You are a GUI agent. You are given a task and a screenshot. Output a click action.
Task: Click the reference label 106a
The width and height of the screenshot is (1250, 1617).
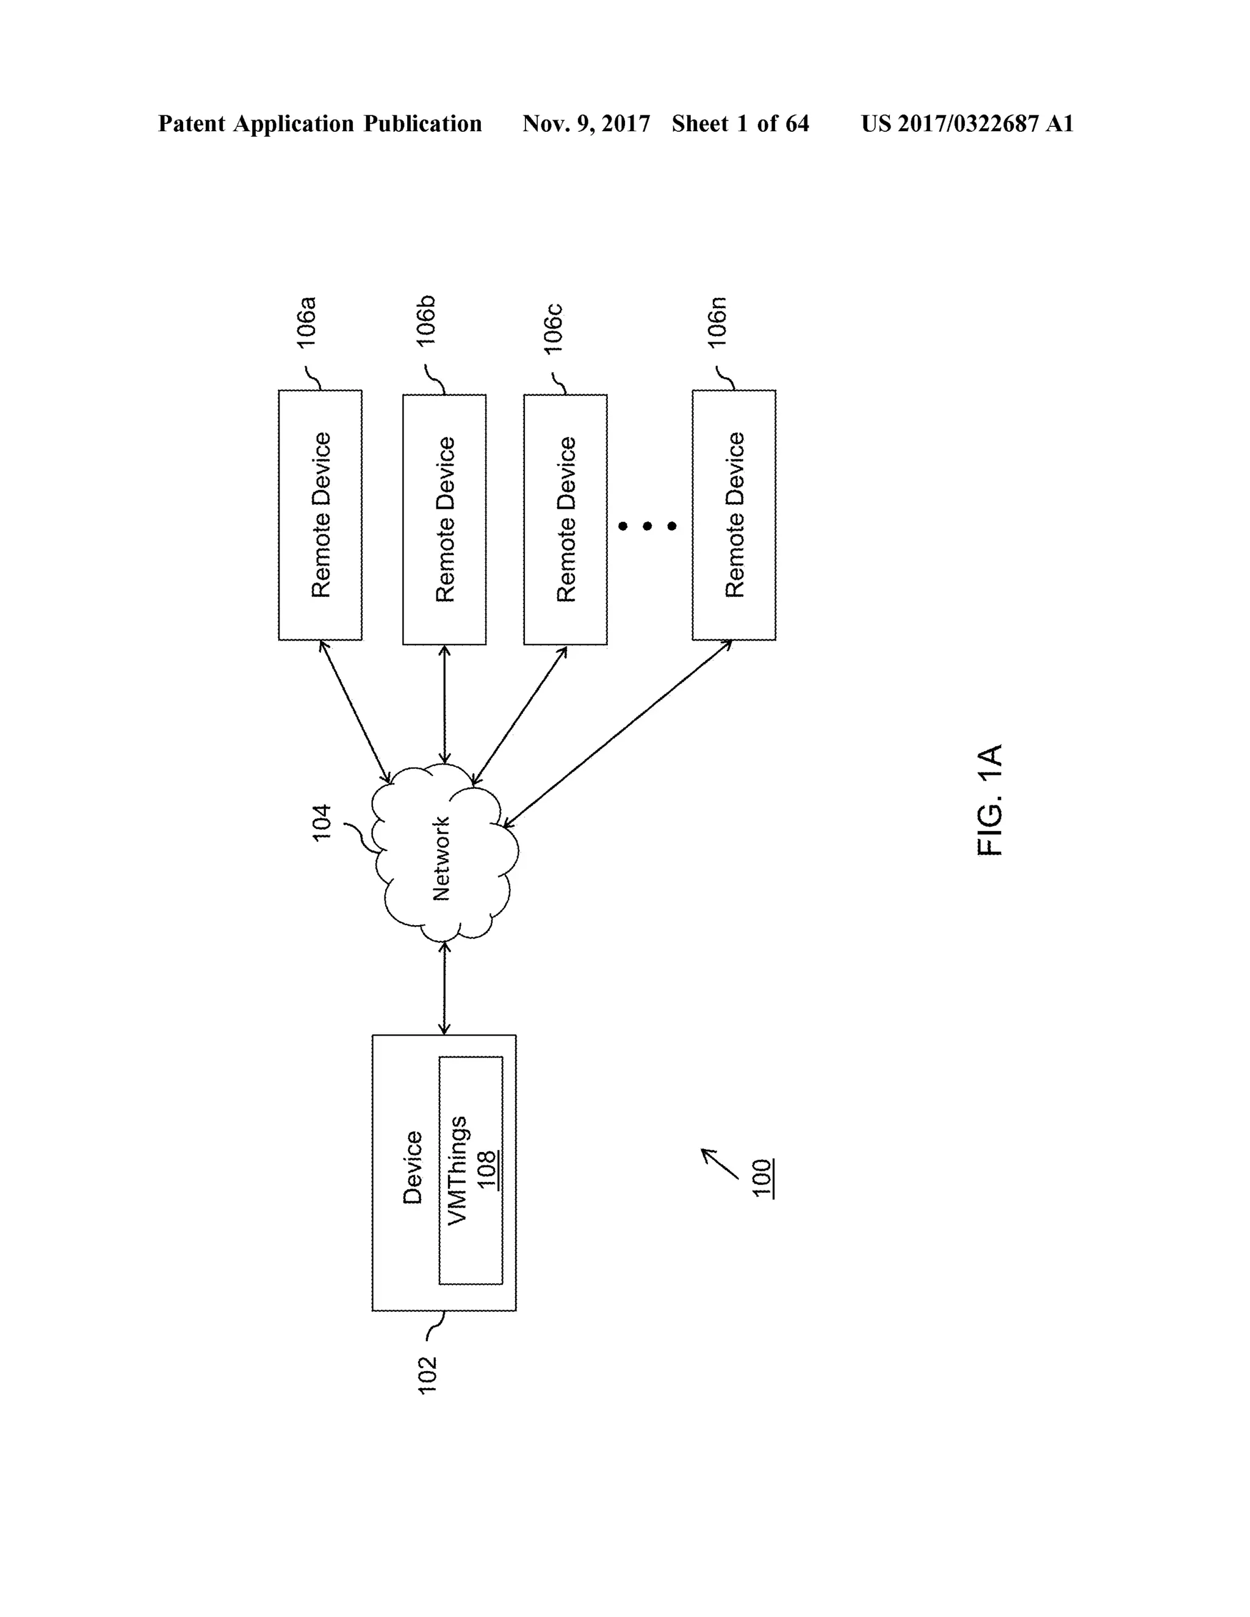[306, 322]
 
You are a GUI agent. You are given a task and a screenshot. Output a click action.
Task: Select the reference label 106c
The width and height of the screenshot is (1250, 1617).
[553, 329]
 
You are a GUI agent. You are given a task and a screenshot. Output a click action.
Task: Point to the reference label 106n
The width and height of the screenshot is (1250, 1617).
[717, 322]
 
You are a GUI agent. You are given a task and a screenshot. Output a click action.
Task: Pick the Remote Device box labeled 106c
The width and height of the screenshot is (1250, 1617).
[565, 519]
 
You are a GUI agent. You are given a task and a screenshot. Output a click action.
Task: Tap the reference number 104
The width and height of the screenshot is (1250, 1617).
[322, 823]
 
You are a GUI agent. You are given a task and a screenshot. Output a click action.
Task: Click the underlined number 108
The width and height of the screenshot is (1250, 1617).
[486, 1170]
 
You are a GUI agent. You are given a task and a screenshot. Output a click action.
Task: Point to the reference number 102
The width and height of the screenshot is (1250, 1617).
[428, 1375]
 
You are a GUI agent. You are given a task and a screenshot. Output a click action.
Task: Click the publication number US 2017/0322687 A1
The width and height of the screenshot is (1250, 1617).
[967, 124]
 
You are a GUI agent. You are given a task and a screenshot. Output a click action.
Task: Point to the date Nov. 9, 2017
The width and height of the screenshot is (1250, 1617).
[586, 124]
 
